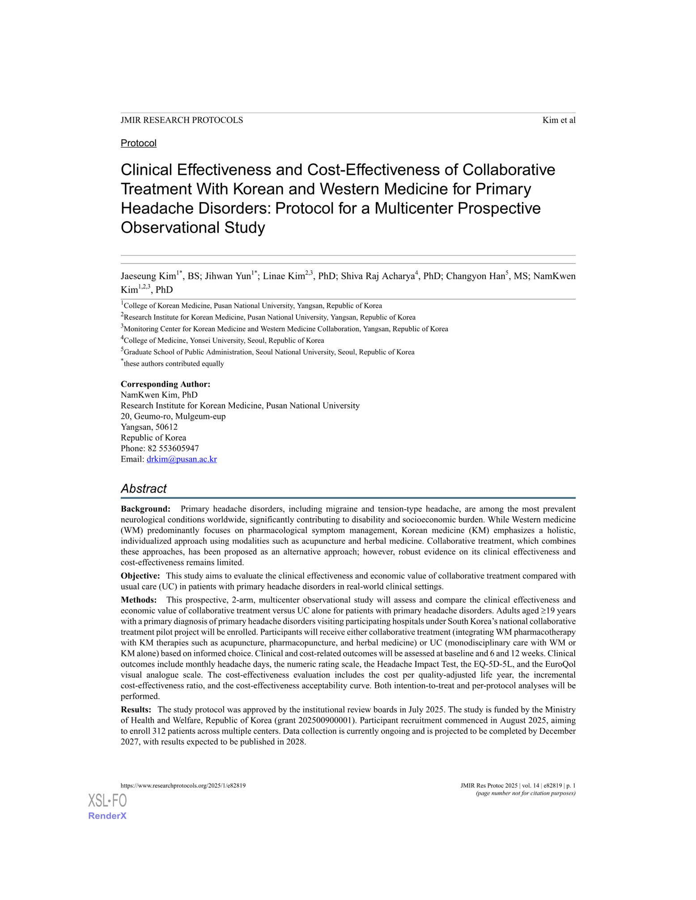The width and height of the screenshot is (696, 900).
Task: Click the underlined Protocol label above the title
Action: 138,143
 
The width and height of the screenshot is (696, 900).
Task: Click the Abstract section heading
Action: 143,488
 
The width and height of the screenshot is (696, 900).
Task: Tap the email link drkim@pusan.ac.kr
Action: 182,459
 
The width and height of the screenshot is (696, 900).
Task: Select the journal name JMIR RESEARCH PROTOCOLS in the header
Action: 182,120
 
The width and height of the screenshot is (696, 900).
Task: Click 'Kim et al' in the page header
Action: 558,120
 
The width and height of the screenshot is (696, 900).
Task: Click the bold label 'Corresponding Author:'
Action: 166,384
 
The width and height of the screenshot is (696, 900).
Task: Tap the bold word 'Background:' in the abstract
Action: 145,509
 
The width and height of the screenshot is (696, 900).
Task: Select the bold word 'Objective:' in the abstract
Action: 140,576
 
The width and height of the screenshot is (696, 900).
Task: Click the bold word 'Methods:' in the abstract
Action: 139,600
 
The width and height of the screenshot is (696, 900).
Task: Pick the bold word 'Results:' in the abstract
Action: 136,709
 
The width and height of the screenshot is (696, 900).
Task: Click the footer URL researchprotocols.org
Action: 183,785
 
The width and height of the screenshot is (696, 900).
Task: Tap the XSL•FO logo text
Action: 107,800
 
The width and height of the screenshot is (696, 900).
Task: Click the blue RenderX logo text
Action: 107,816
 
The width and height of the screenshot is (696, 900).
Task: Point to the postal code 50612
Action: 166,427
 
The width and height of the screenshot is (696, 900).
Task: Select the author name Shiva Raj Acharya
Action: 378,276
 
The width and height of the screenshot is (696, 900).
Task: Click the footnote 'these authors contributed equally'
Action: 174,364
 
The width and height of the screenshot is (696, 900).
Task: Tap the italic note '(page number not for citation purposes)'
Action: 525,793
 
